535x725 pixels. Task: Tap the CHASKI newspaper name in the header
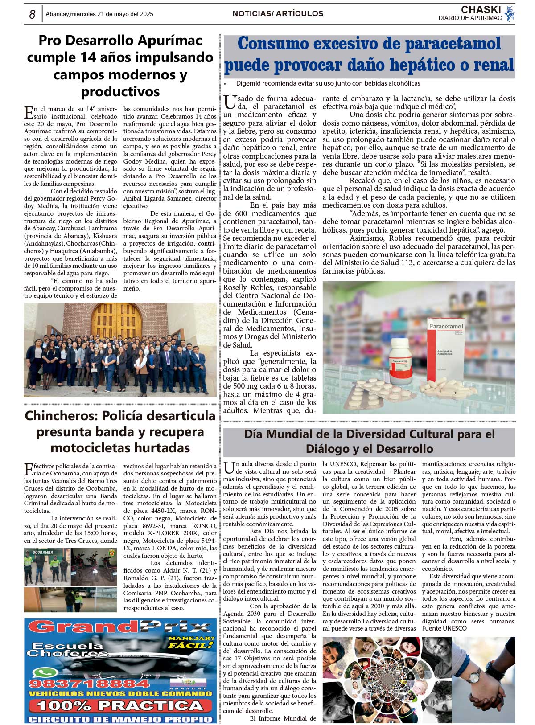click(481, 10)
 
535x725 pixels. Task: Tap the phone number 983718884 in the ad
click(89, 683)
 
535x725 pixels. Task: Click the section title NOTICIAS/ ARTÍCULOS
click(278, 14)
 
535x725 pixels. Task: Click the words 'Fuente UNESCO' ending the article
click(444, 628)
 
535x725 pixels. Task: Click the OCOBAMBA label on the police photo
click(42, 553)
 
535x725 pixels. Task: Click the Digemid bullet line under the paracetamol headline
click(328, 83)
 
